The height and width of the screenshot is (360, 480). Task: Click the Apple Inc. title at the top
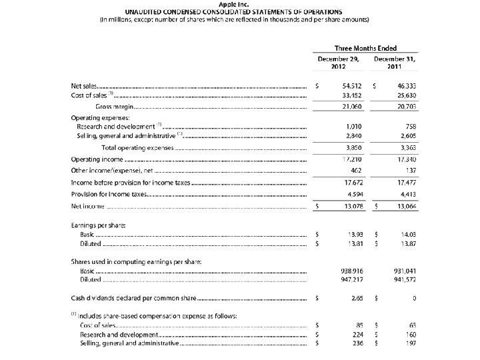tap(240, 4)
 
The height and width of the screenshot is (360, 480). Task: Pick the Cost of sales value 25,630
tap(406, 96)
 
